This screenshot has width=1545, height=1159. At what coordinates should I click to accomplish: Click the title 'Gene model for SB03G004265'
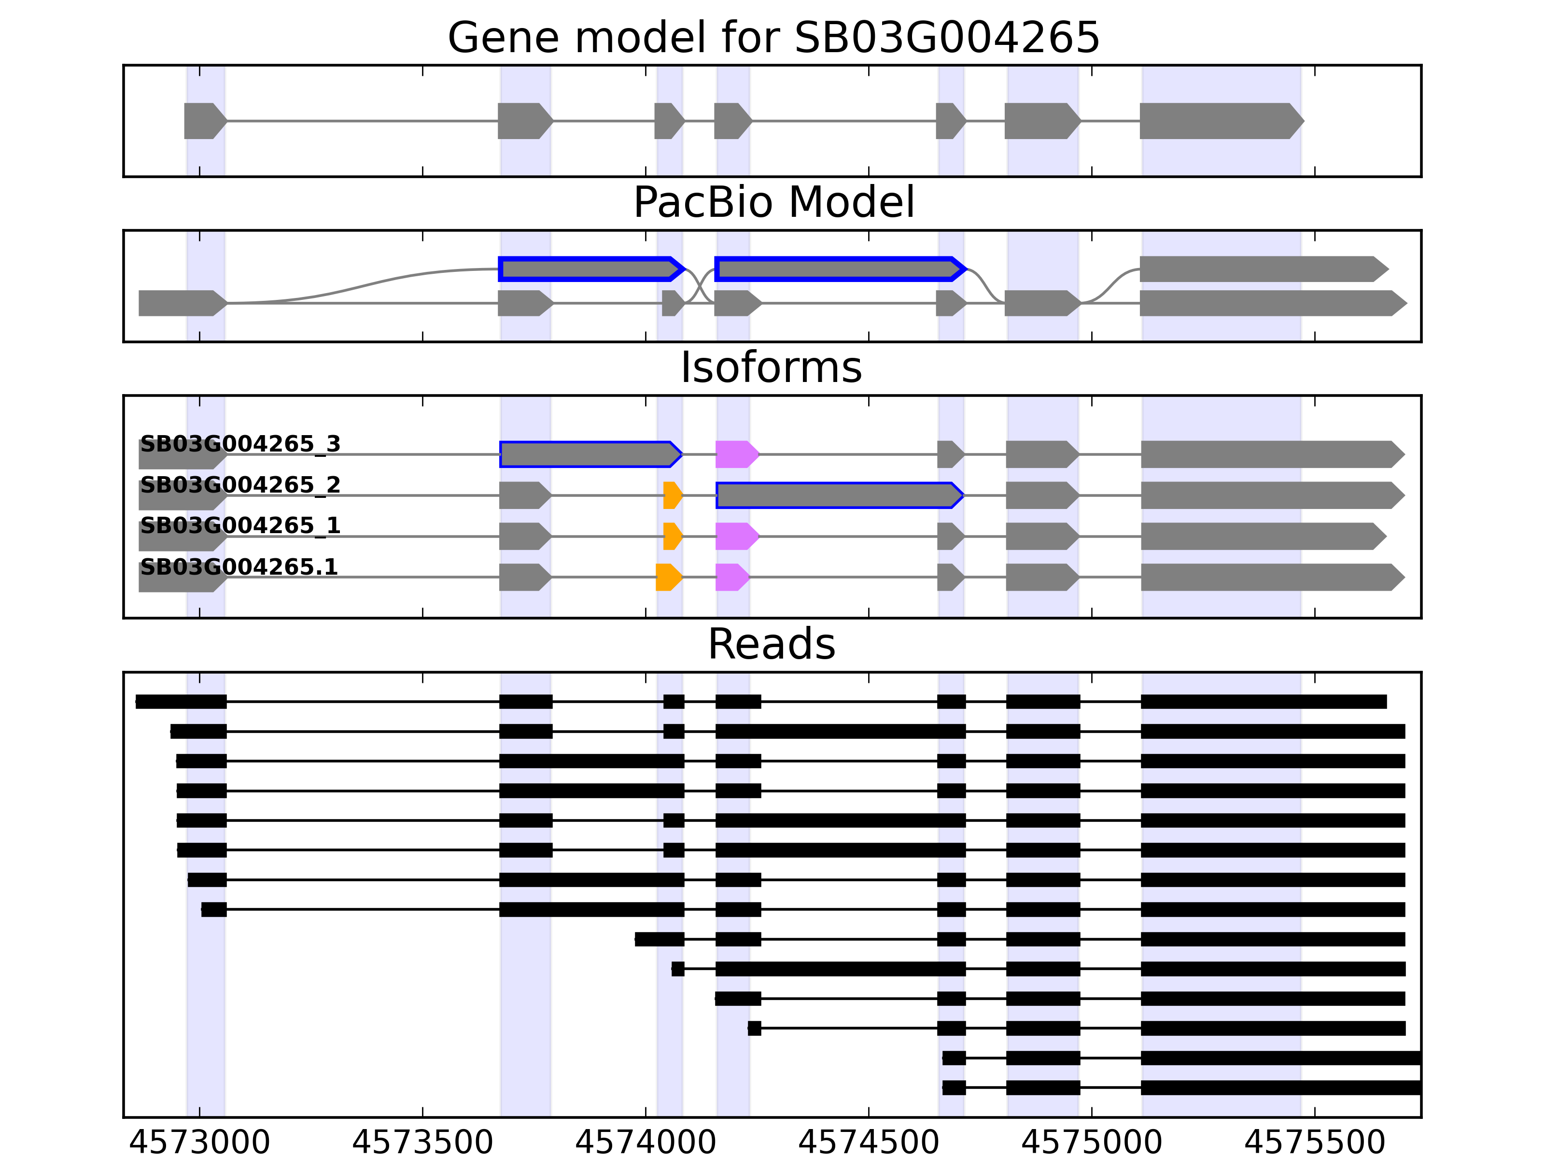tap(773, 37)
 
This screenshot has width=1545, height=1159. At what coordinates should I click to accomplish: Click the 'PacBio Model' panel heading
tap(773, 203)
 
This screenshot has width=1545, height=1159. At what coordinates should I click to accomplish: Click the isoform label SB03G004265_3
tap(240, 444)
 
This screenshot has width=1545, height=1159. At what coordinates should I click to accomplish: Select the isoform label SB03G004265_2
tap(240, 485)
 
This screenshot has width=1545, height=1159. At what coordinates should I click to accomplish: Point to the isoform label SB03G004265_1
tap(240, 525)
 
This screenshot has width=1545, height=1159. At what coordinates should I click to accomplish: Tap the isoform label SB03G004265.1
tap(239, 566)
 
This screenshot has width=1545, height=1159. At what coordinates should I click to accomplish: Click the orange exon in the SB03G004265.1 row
tap(668, 577)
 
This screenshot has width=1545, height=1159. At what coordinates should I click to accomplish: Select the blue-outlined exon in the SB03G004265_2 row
tap(838, 495)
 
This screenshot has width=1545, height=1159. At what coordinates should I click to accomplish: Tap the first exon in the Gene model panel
tap(204, 121)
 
